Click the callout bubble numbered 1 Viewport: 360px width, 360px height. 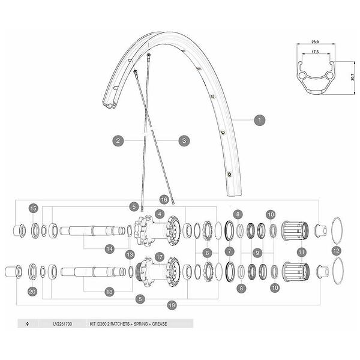(260, 120)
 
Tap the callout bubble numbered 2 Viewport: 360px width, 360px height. (118, 140)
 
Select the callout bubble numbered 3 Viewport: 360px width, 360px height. (184, 140)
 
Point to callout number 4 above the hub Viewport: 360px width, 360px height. (160, 214)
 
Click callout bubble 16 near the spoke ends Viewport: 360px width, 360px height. (164, 200)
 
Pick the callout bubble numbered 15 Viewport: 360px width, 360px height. (33, 208)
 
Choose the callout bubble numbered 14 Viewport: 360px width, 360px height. (110, 249)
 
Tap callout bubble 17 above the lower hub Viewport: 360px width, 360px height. (160, 257)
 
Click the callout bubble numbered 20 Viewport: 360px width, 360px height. (32, 292)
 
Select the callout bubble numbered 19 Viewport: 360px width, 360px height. (172, 305)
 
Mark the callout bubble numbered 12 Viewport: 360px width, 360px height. (336, 250)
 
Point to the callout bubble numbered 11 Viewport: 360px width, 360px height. (301, 253)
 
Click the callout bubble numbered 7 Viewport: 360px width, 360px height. (230, 251)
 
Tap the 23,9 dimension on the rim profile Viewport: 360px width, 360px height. (315, 42)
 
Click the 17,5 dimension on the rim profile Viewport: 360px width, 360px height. (315, 52)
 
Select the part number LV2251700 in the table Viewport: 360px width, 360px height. (62, 324)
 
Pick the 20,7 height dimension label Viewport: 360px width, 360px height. (353, 77)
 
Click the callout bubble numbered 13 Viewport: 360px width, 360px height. (130, 254)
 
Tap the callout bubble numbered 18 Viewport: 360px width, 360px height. (109, 292)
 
